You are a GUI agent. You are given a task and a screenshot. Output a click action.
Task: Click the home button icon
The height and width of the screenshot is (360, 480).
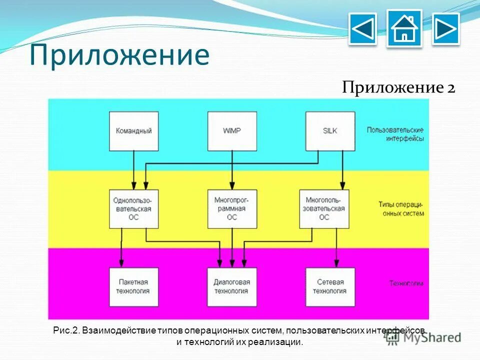tap(404, 29)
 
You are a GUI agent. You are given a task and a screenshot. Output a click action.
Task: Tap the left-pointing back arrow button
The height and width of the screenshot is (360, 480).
tap(362, 29)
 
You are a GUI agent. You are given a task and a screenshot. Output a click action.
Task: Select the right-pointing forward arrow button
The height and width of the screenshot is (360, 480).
tap(445, 29)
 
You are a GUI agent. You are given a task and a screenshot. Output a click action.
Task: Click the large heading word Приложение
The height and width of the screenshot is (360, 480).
tap(119, 55)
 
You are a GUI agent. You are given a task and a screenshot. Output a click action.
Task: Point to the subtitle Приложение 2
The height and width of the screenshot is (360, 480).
tap(398, 88)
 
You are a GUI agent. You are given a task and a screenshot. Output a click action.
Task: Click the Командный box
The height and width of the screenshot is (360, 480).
tap(133, 130)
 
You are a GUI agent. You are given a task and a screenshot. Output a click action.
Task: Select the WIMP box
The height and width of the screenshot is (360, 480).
tap(232, 130)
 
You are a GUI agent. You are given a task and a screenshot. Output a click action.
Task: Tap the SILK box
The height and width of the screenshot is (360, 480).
tap(330, 130)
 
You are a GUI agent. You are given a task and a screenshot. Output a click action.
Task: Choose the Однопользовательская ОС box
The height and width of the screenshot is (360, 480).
tap(133, 208)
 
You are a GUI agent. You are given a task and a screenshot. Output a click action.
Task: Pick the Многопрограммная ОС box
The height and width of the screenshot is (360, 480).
tap(232, 208)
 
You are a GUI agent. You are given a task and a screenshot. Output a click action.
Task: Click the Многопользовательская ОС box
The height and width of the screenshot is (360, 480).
tap(324, 208)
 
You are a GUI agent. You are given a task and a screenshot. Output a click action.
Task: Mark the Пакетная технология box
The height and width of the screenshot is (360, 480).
tap(133, 286)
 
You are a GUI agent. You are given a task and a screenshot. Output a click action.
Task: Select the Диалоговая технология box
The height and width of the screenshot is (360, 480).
tap(232, 286)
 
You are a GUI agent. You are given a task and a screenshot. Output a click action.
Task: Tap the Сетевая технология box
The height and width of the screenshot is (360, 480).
tap(330, 286)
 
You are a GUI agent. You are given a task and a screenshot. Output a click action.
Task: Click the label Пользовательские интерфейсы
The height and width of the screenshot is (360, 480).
tap(395, 134)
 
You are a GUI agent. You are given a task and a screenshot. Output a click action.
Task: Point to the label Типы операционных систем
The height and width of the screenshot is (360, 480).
tap(401, 209)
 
